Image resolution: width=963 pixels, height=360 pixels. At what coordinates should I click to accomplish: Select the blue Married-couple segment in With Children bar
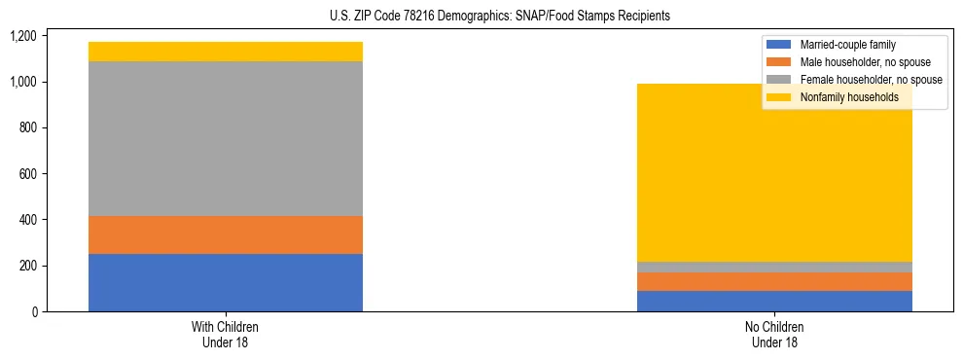(x=226, y=282)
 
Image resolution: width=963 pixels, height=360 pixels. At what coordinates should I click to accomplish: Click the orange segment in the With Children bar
(x=226, y=234)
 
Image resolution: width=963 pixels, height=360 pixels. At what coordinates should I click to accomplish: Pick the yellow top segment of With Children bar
(x=226, y=52)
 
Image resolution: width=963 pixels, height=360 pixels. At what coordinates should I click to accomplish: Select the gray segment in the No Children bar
(x=774, y=267)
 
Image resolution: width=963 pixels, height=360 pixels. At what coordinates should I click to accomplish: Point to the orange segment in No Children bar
(x=774, y=281)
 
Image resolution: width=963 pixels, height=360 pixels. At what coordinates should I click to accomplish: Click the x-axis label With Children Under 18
(x=226, y=334)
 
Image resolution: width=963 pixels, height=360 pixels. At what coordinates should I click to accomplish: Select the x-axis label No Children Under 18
(x=774, y=334)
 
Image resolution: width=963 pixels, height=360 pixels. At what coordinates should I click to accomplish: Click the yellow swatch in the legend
(x=779, y=97)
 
